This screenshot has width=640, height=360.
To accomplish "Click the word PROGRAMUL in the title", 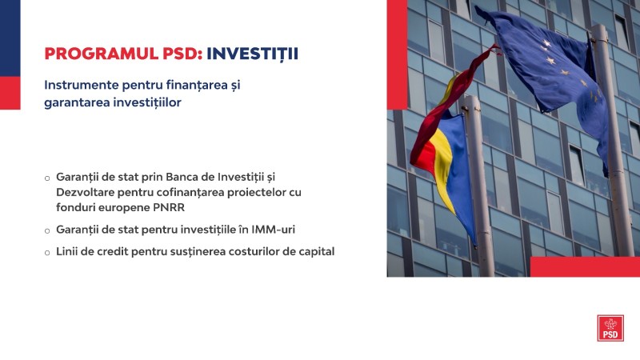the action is (x=102, y=54).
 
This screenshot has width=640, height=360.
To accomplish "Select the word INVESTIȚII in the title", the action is (x=252, y=54).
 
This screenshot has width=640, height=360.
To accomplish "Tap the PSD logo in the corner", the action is (x=610, y=328).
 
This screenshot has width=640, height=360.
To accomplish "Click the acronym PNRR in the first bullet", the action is (x=169, y=207).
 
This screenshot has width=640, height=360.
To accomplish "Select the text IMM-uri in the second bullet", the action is (x=273, y=230).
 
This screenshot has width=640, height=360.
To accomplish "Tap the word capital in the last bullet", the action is (x=316, y=252).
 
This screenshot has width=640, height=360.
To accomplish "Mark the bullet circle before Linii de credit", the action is (x=47, y=253).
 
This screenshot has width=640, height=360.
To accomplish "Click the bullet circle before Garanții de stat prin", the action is (x=47, y=178).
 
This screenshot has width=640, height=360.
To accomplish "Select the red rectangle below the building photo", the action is (x=585, y=267).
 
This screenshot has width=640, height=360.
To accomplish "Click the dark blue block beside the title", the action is (x=10, y=38).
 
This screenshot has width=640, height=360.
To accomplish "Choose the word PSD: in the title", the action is (x=182, y=54).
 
